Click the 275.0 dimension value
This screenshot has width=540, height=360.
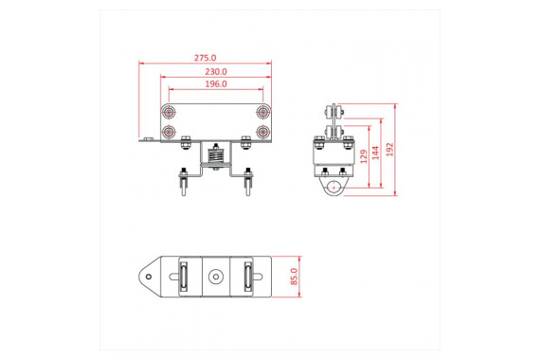[x=206, y=58]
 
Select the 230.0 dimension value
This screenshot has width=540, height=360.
[x=216, y=72]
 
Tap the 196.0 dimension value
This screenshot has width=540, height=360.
[x=216, y=83]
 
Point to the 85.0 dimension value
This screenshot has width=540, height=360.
[x=294, y=277]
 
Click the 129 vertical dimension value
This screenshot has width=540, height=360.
[x=364, y=156]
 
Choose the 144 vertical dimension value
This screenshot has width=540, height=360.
[x=375, y=153]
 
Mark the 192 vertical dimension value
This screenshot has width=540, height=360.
[x=389, y=150]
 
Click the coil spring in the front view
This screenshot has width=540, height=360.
[x=216, y=156]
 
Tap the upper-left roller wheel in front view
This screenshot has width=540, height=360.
[x=169, y=112]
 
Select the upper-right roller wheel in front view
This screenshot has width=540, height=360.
[x=263, y=112]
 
